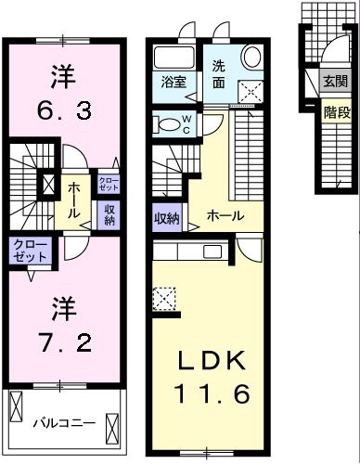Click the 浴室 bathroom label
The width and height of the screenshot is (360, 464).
tap(174, 81)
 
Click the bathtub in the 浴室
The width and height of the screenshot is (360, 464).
tap(171, 54)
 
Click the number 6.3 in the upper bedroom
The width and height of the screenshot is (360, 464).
tap(63, 113)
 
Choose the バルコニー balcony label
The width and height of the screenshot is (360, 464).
tap(64, 423)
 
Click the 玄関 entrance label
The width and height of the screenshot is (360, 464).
tap(336, 82)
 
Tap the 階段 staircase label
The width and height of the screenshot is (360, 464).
tap(336, 112)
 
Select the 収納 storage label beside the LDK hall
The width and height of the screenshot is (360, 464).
tap(167, 218)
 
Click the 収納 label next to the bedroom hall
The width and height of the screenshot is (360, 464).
tap(109, 214)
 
